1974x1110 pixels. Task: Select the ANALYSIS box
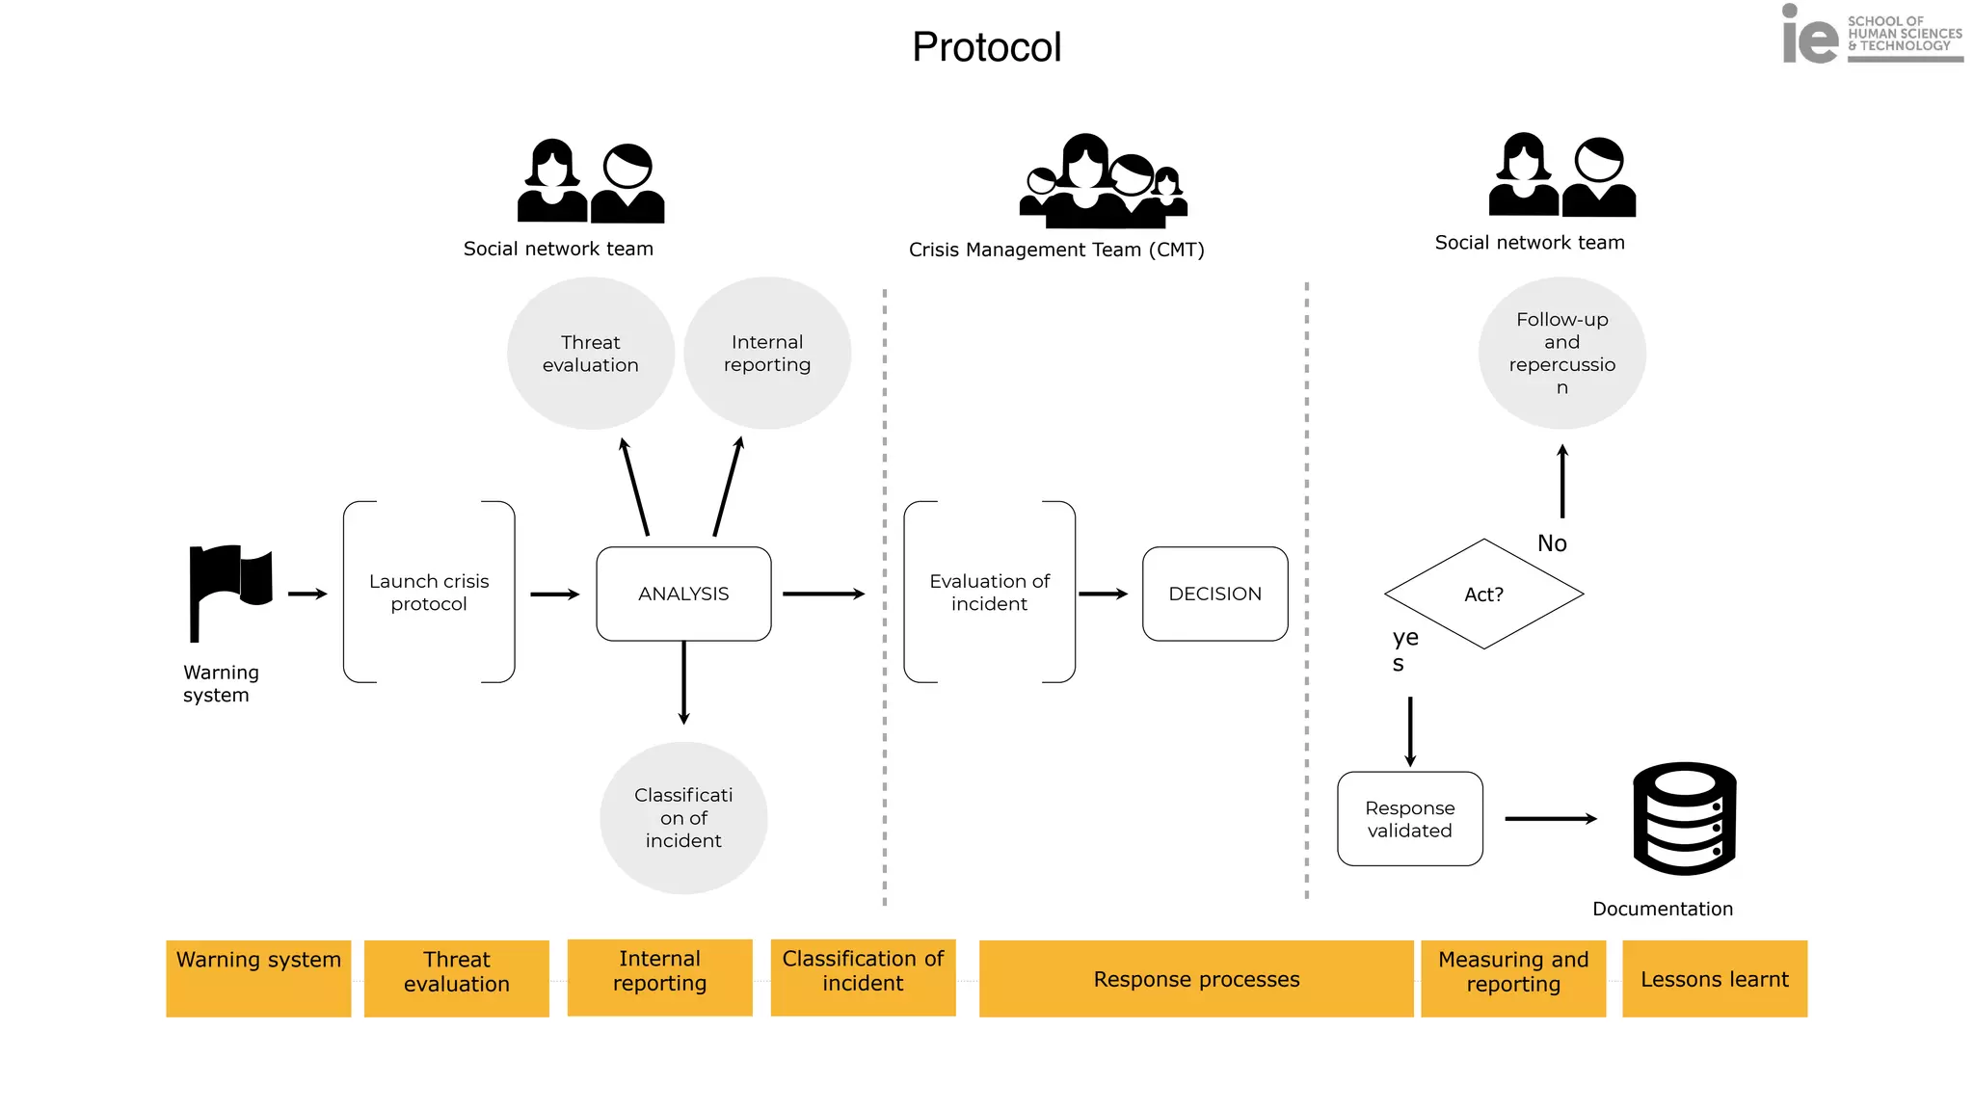point(683,594)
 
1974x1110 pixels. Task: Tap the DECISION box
point(1214,594)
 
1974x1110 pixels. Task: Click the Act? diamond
point(1483,594)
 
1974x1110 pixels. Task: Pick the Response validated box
point(1409,819)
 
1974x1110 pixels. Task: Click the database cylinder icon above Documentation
point(1684,819)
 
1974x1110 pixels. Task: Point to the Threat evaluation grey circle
point(590,354)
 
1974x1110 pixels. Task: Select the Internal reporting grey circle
point(767,354)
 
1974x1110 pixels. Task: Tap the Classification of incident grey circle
point(683,817)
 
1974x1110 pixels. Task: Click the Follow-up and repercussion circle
point(1561,353)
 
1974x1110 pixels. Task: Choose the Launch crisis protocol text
point(429,593)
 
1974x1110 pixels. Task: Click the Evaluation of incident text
point(989,593)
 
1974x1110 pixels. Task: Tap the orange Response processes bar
point(1196,979)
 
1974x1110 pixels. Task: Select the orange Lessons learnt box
point(1715,979)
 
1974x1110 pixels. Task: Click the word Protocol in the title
point(986,47)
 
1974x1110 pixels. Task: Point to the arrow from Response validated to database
point(1550,819)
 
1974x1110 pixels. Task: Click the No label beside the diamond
point(1552,543)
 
